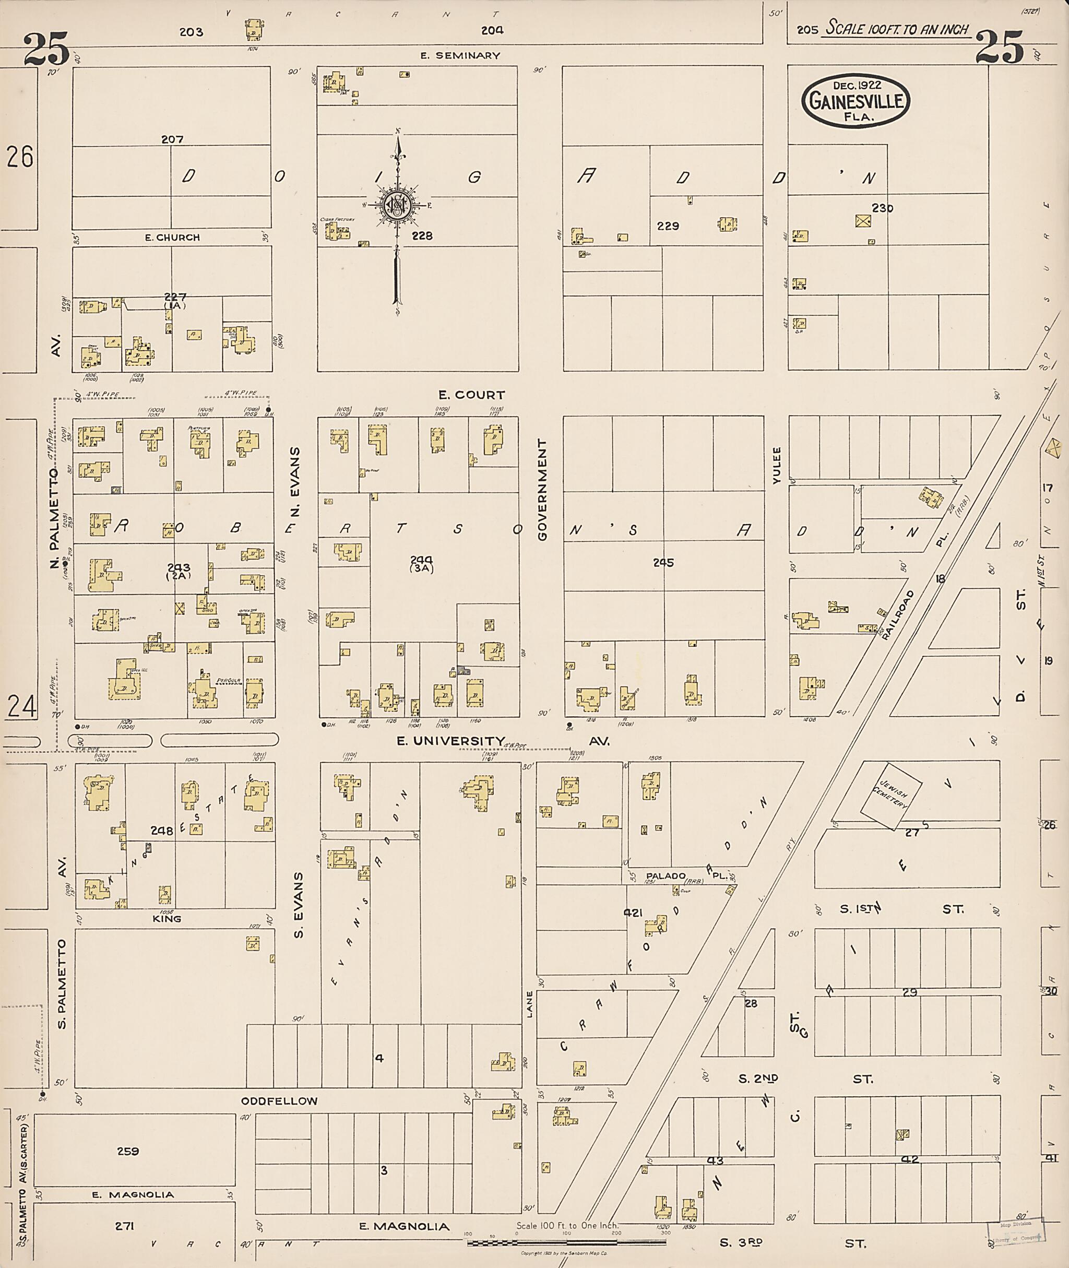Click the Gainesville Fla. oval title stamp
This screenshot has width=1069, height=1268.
tap(856, 101)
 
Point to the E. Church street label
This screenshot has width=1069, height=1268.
tap(172, 238)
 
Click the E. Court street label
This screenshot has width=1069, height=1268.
tap(471, 395)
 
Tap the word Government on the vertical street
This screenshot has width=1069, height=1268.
tap(542, 490)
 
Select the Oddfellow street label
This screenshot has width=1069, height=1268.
tap(279, 1101)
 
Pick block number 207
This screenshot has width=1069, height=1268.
tap(172, 139)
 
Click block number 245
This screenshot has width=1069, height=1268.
tap(663, 562)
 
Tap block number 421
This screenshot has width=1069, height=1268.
tap(633, 912)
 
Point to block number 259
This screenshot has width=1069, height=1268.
tap(128, 1151)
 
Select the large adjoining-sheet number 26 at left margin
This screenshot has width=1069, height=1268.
tap(20, 157)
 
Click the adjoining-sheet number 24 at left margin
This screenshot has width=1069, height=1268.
tap(21, 706)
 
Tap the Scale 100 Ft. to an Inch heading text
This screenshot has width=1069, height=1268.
tap(897, 29)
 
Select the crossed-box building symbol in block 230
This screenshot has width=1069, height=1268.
tap(863, 221)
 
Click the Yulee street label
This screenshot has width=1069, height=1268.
tap(777, 466)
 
